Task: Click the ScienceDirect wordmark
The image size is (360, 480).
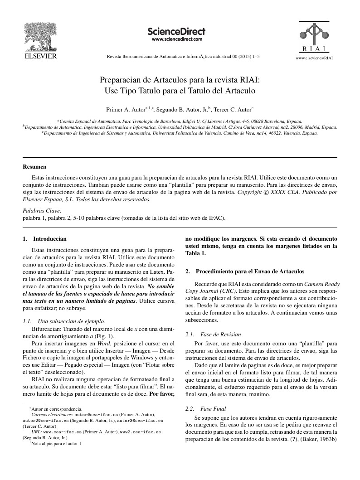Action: click(176, 31)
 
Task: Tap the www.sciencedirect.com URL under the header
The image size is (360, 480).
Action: click(176, 39)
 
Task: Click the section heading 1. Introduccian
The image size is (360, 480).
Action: click(45, 238)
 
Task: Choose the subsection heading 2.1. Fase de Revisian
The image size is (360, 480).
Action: click(214, 335)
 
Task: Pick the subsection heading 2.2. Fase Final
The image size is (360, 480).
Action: click(208, 408)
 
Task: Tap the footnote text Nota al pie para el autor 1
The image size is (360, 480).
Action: click(56, 444)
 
